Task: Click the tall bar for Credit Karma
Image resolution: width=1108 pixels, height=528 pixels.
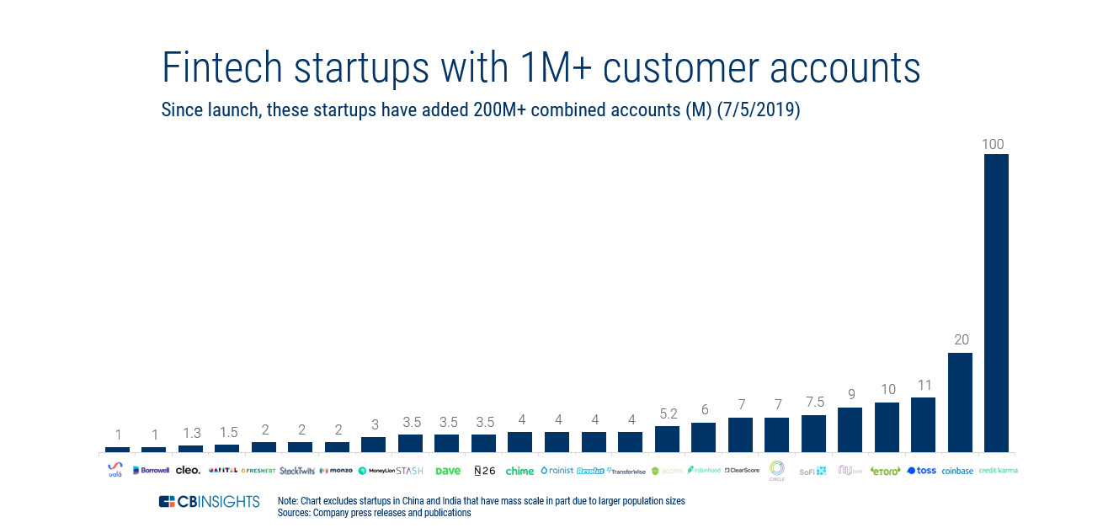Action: (x=996, y=303)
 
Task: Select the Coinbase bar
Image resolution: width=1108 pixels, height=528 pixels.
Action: (x=960, y=403)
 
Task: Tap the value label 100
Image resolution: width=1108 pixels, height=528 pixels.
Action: (x=993, y=145)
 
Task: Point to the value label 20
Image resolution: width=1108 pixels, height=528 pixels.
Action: (x=961, y=340)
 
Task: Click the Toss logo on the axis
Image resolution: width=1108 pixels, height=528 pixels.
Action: (x=922, y=471)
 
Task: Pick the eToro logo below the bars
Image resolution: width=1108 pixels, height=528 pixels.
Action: (x=886, y=471)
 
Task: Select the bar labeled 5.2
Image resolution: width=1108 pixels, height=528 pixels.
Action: (x=667, y=440)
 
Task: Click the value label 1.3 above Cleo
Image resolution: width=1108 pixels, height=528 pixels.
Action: (x=192, y=434)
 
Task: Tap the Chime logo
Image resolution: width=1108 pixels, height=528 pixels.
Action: (x=519, y=471)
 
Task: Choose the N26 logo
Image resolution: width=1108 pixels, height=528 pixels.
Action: (x=484, y=471)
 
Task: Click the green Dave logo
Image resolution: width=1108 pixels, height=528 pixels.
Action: (x=447, y=471)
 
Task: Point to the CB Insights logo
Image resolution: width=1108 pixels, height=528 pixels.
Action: (x=209, y=502)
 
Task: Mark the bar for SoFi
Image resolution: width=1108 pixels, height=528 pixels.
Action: (x=813, y=434)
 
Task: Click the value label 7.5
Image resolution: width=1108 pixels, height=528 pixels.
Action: (x=813, y=403)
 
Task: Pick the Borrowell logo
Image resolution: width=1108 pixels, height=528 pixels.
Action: (x=152, y=471)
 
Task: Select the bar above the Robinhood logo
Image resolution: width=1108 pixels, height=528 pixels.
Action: (x=703, y=438)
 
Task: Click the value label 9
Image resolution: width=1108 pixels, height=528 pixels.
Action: (x=850, y=395)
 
